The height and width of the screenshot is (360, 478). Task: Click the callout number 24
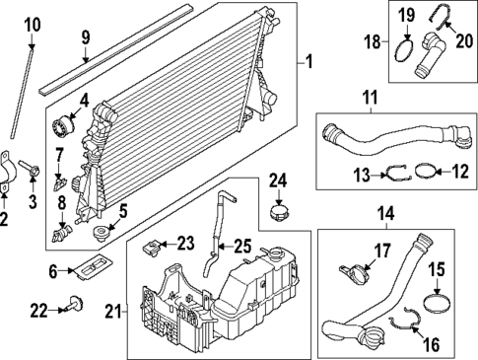pos(278,180)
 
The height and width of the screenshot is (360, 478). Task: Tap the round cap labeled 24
pos(278,211)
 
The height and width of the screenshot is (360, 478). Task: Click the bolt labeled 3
pos(34,175)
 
